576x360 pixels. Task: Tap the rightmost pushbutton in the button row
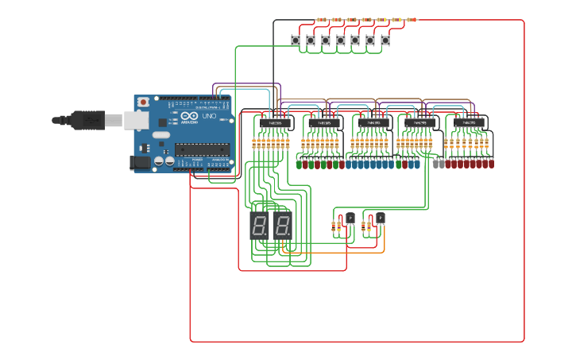385,40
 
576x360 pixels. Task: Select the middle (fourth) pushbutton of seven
340,40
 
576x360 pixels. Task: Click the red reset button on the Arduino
143,102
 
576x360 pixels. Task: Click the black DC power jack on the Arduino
140,162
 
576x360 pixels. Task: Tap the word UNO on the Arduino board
209,117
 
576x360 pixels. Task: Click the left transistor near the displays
350,218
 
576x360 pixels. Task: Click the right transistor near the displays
380,218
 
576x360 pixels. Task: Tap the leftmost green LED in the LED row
300,165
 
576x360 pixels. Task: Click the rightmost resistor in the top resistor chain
411,20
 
